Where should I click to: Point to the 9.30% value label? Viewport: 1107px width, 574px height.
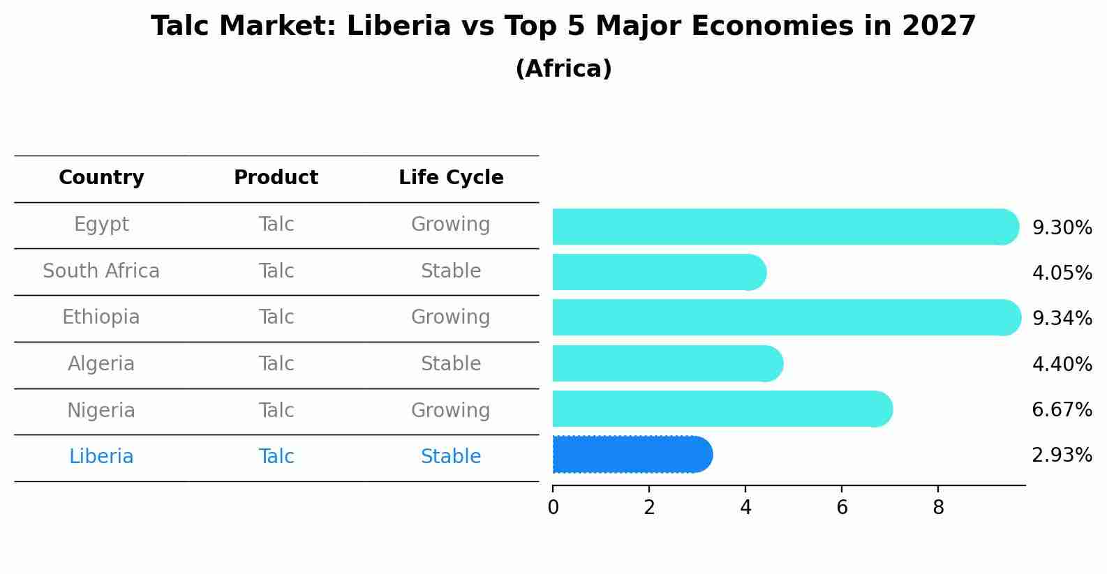coord(1062,228)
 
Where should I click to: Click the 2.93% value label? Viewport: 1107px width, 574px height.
coord(1062,455)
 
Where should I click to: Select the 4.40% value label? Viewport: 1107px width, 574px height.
coord(1062,364)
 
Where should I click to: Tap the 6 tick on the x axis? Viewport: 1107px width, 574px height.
coord(842,508)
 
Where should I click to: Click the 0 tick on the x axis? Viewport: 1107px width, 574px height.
coord(553,508)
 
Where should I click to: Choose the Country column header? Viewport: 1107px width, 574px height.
coord(101,178)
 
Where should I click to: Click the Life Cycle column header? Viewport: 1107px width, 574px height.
coord(451,178)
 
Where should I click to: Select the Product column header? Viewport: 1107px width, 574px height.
coord(276,178)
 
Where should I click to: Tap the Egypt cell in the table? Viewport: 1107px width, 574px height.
coord(101,225)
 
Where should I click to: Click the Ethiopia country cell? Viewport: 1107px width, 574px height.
coord(101,317)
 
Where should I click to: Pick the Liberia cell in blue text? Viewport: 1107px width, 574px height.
coord(101,457)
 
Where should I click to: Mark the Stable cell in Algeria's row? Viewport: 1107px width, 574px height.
coord(451,364)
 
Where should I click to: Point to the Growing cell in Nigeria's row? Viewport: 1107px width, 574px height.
coord(451,410)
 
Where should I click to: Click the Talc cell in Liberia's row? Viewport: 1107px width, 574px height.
coord(276,457)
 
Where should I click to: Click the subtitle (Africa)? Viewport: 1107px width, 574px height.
coord(563,69)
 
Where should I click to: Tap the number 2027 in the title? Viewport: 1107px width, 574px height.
coord(938,27)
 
